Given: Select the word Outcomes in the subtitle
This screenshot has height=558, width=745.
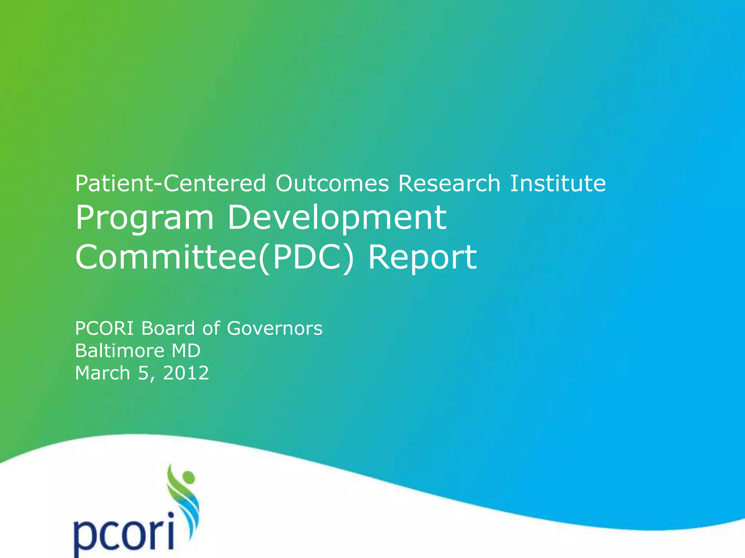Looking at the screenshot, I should (x=332, y=183).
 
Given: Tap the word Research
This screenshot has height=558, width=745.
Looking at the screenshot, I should (x=449, y=183).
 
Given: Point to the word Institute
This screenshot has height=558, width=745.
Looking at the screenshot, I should (x=558, y=183).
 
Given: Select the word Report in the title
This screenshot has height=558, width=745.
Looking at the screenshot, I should (x=422, y=258).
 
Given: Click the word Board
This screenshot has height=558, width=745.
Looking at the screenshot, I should (x=168, y=328).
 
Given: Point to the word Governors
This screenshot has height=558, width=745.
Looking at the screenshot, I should (x=275, y=328).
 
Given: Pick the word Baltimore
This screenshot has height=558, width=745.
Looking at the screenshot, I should (x=120, y=351).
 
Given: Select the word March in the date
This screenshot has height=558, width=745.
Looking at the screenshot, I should (x=102, y=373).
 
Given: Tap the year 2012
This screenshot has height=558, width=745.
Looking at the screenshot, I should (x=186, y=373).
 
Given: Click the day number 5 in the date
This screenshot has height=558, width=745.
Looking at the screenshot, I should (x=143, y=373).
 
